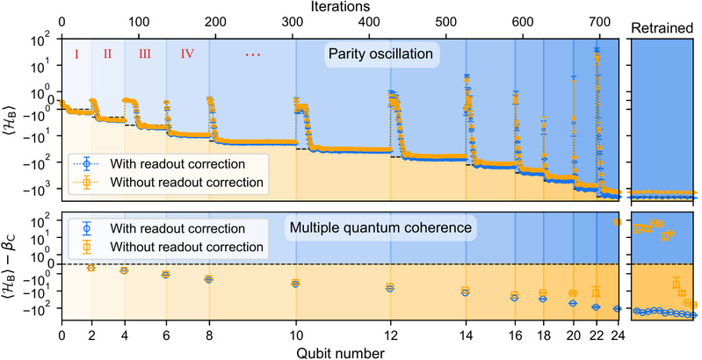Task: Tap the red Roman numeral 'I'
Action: point(76,54)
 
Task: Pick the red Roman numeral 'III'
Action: point(144,54)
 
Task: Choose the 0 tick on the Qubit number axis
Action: point(62,335)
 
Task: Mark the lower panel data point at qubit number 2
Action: point(91,268)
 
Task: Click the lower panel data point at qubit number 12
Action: point(390,287)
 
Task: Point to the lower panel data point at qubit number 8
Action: point(209,279)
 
